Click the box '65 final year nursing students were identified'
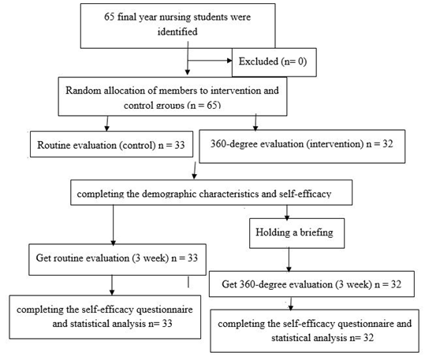pyautogui.click(x=178, y=26)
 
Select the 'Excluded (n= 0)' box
pyautogui.click(x=274, y=62)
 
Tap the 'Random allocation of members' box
pyautogui.click(x=173, y=97)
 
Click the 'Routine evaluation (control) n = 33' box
pyautogui.click(x=111, y=144)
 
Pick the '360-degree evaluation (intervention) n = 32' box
pyautogui.click(x=302, y=147)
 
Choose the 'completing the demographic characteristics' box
pyautogui.click(x=211, y=192)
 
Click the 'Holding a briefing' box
pyautogui.click(x=296, y=233)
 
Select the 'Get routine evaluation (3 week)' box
pyautogui.click(x=117, y=259)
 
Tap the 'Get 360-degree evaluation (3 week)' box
pyautogui.click(x=311, y=284)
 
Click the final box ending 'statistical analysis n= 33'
pyautogui.click(x=105, y=317)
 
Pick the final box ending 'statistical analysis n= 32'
pyautogui.click(x=315, y=331)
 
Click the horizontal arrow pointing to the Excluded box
pyautogui.click(x=210, y=61)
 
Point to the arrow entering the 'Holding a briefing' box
pyautogui.click(x=287, y=213)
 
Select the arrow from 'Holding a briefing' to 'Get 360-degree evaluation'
pyautogui.click(x=289, y=260)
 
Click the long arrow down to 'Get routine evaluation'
pyautogui.click(x=113, y=225)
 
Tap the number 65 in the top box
pyautogui.click(x=110, y=17)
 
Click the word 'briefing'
pyautogui.click(x=317, y=232)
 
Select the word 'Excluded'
pyautogui.click(x=259, y=61)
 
